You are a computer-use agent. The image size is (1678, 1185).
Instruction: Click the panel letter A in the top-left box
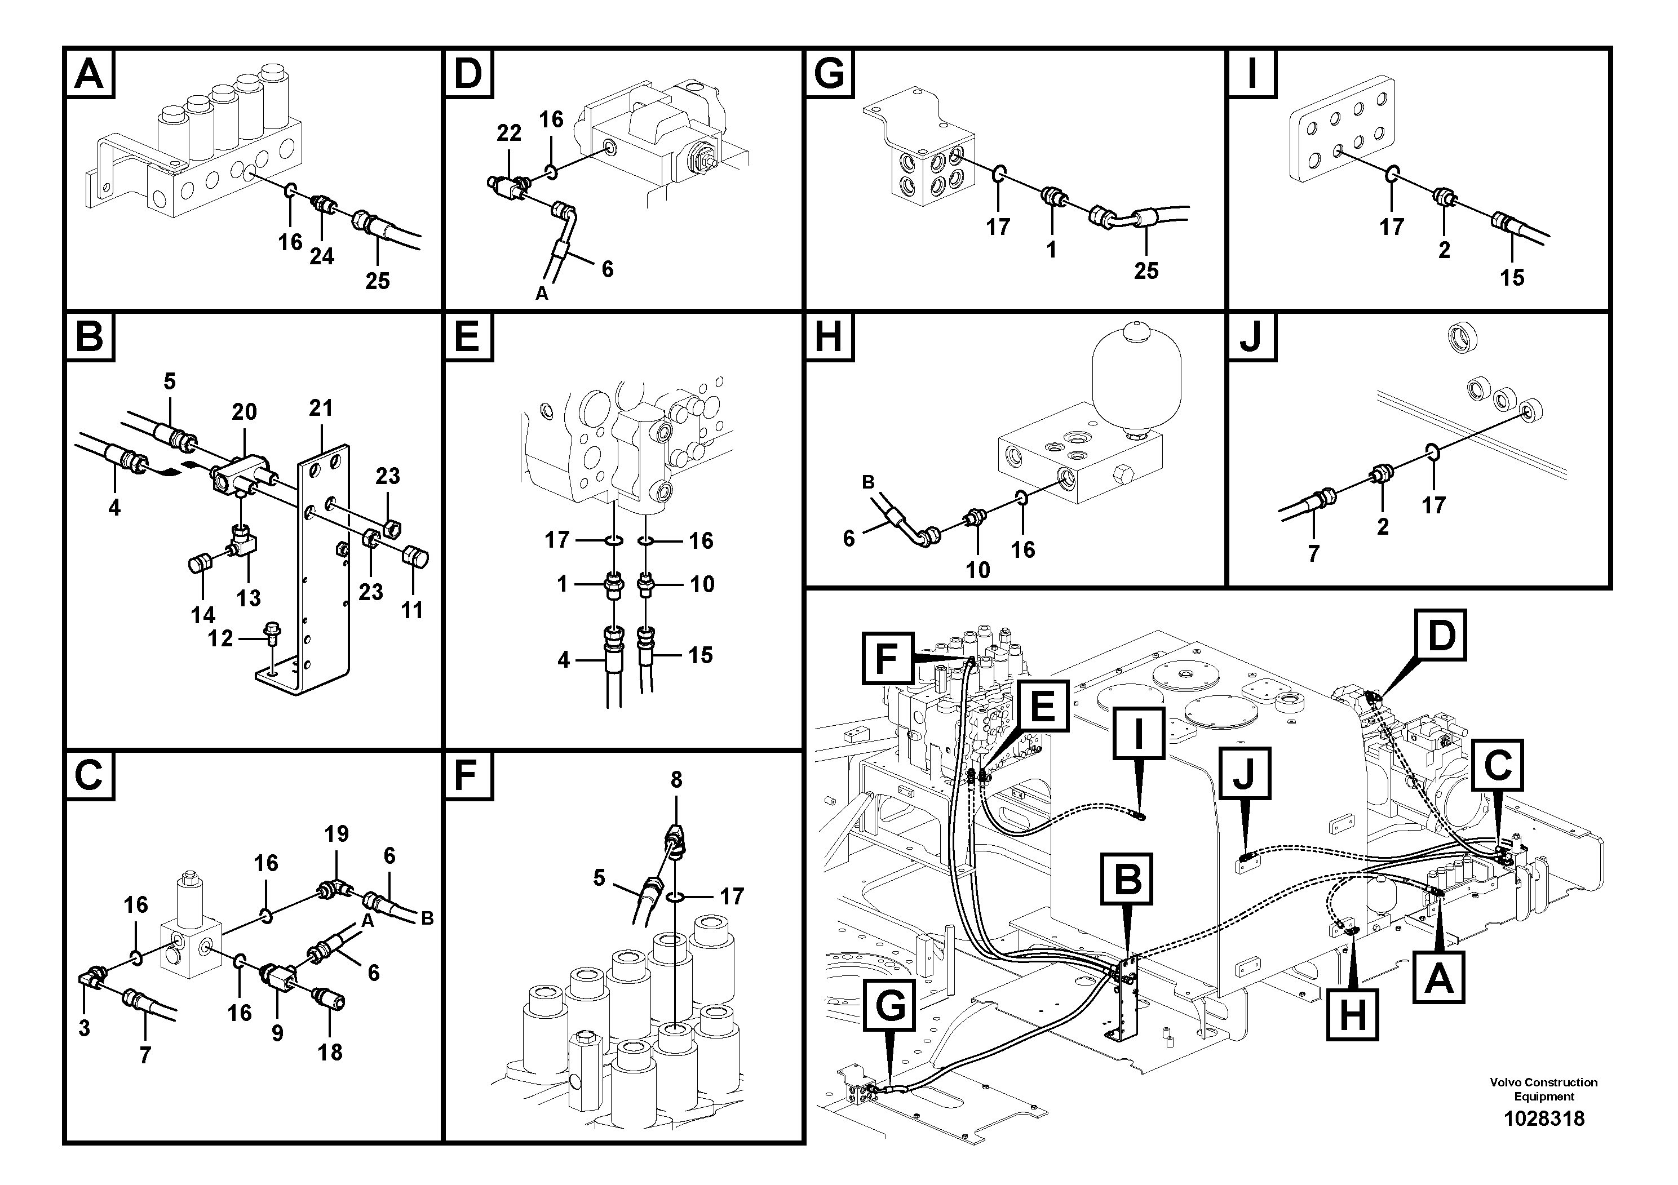[90, 73]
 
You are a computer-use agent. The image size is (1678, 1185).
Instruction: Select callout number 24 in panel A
[322, 256]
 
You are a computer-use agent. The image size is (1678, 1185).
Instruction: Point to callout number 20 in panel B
[244, 411]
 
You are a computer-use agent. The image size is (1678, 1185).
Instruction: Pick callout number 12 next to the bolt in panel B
[220, 638]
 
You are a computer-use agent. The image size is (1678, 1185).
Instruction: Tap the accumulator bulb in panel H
[1136, 372]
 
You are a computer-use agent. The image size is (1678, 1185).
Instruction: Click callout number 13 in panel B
[249, 598]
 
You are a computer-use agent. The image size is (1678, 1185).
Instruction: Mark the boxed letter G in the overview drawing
[889, 1006]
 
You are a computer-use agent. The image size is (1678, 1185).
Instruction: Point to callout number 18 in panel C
[330, 1052]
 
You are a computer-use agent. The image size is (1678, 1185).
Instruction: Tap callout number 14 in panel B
[203, 615]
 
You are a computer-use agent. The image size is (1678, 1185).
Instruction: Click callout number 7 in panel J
[1313, 554]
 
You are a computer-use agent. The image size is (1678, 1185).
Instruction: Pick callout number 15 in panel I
[1512, 278]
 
